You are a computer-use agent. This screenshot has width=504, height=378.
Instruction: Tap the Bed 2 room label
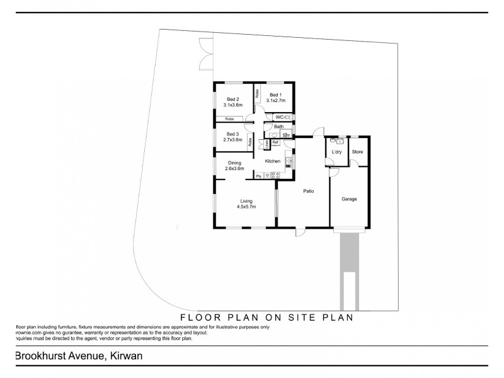[x=233, y=100]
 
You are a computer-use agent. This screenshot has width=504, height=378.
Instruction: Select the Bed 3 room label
[x=233, y=134]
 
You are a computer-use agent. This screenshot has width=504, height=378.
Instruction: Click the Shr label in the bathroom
[x=285, y=135]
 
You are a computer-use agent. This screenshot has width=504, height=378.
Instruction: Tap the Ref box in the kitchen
[x=275, y=142]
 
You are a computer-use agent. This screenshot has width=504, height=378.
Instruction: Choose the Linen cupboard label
[x=267, y=145]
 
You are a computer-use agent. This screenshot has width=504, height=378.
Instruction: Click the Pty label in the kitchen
[x=258, y=175]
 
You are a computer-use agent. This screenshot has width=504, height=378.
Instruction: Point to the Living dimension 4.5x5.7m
[x=246, y=206]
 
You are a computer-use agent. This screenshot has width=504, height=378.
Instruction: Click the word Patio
[x=307, y=191]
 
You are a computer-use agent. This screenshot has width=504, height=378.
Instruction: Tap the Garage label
[x=349, y=199]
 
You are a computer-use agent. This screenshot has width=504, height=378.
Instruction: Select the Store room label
[x=357, y=152]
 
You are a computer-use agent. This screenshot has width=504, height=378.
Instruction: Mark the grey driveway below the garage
[x=348, y=265]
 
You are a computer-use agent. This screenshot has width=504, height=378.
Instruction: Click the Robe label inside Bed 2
[x=230, y=118]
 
